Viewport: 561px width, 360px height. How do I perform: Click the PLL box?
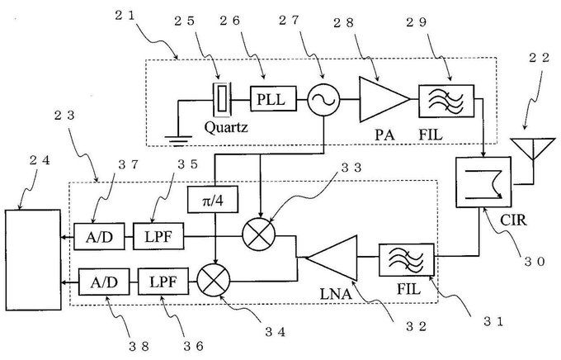(273, 98)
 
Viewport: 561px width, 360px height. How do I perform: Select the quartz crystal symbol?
(223, 99)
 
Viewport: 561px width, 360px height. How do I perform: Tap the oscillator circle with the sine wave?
(323, 100)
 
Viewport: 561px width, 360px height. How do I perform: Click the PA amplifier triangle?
(384, 99)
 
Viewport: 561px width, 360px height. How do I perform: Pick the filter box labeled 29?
(446, 101)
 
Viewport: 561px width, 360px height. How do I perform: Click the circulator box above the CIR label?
(483, 182)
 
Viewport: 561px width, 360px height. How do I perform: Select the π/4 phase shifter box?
(213, 199)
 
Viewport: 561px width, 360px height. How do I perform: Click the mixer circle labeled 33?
(259, 234)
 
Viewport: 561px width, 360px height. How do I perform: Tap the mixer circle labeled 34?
(214, 280)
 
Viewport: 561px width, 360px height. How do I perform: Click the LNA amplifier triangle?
(332, 257)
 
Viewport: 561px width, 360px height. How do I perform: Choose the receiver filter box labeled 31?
(407, 260)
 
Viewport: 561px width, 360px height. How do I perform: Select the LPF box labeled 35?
(158, 236)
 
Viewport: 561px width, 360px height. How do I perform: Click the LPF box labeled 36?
(163, 282)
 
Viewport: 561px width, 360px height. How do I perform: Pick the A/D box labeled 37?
(100, 236)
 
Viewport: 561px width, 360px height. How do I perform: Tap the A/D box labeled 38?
(104, 282)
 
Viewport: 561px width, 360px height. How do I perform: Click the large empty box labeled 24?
(33, 260)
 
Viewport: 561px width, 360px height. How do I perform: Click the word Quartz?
(226, 127)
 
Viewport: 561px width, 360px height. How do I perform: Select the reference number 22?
(540, 57)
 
